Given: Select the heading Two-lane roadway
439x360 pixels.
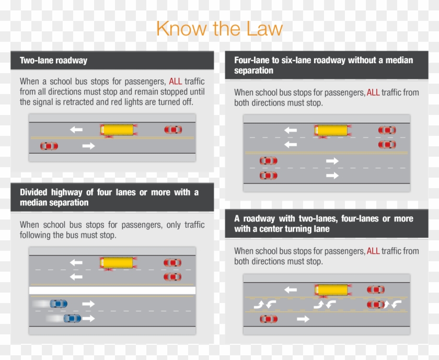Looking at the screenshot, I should pos(53,61).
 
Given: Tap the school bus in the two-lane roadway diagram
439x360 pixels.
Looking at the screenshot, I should pos(117,129).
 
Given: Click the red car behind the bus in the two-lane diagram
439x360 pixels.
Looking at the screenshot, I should pos(173,130).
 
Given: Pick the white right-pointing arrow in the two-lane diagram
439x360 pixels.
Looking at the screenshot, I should pos(89,146).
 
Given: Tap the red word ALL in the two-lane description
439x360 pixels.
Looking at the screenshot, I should pos(176,82).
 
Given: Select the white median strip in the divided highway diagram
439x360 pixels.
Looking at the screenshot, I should pos(112,290).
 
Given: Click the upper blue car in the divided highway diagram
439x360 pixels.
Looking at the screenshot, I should pos(58,304).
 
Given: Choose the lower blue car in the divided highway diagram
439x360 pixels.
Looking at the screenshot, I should pos(72,318).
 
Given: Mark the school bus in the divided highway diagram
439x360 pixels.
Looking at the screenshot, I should pos(117,262).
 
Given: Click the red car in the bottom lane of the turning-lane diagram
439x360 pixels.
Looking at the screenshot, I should pos(269,319).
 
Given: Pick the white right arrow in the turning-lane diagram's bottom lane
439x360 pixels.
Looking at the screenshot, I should pos(303,319).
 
